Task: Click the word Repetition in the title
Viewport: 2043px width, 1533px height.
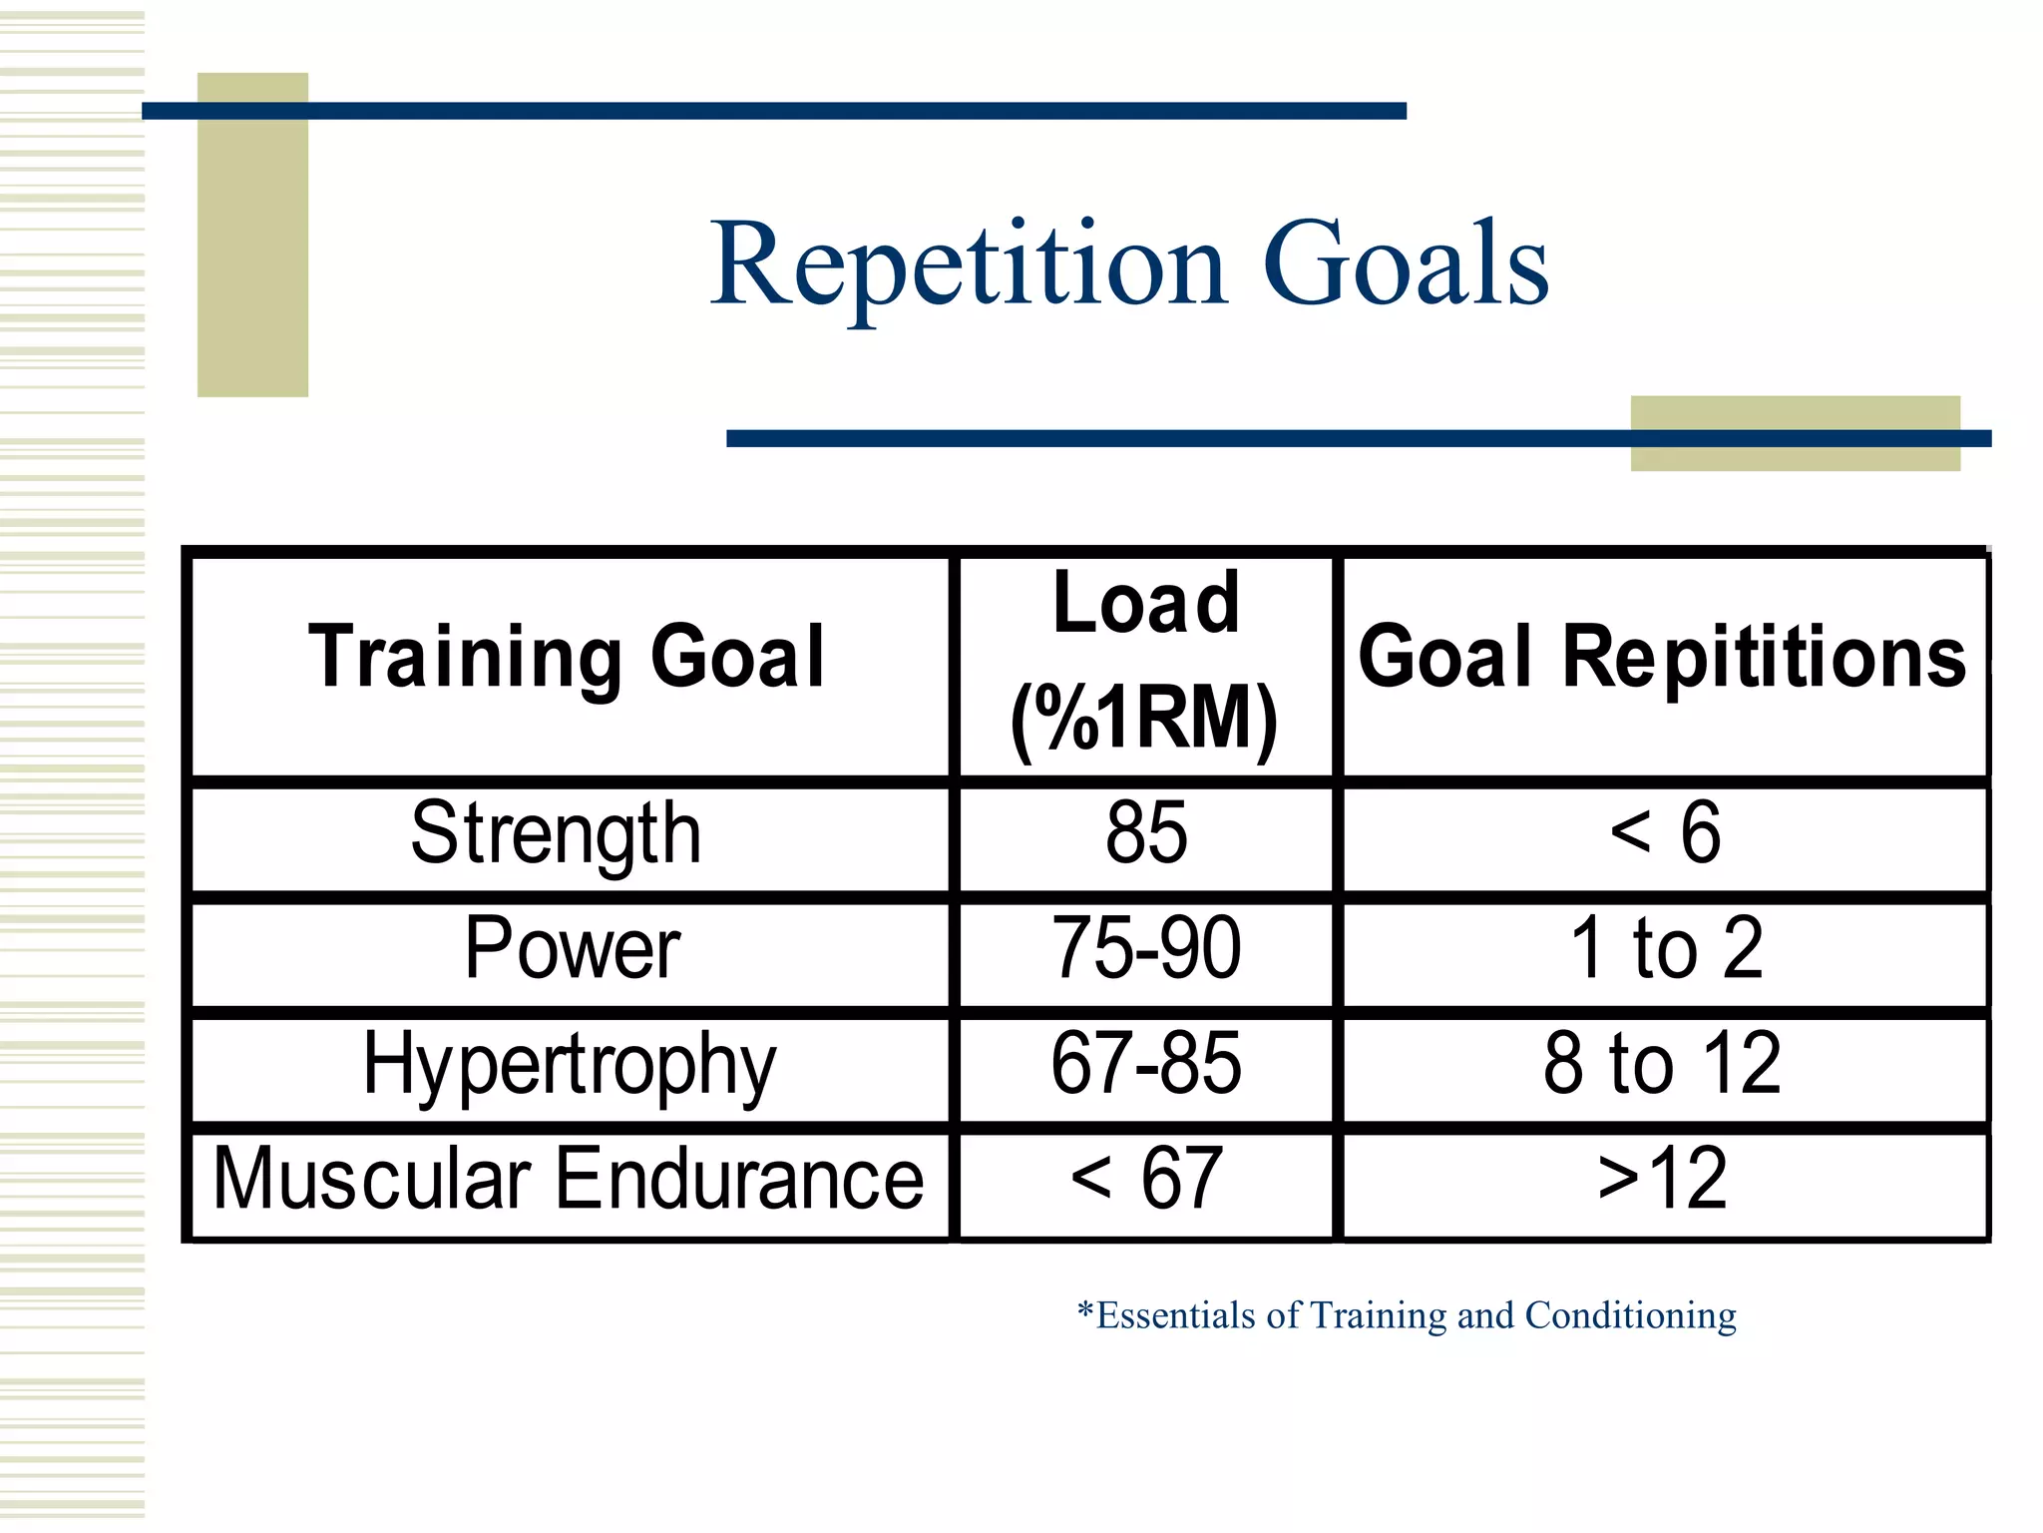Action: pos(968,264)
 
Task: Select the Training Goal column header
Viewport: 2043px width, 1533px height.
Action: pos(567,657)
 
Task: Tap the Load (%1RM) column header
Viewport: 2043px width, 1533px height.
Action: pos(1145,661)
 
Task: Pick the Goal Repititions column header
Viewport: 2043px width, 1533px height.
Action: pos(1662,657)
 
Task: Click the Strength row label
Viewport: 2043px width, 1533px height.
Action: pos(557,834)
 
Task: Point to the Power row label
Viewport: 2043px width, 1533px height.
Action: pos(572,948)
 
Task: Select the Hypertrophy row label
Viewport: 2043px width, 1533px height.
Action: pos(569,1064)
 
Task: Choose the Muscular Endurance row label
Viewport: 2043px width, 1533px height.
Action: pos(569,1180)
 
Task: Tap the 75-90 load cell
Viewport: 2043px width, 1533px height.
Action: pos(1146,948)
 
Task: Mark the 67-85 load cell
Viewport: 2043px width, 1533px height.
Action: pos(1146,1064)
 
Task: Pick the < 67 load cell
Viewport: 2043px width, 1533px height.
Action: pos(1146,1180)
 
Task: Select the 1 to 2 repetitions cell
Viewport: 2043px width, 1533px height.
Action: pos(1664,948)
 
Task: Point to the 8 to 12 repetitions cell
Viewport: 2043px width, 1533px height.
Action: pos(1662,1064)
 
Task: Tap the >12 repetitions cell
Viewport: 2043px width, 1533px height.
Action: pos(1662,1180)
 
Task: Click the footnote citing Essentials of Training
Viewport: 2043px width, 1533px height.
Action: pos(1407,1315)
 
